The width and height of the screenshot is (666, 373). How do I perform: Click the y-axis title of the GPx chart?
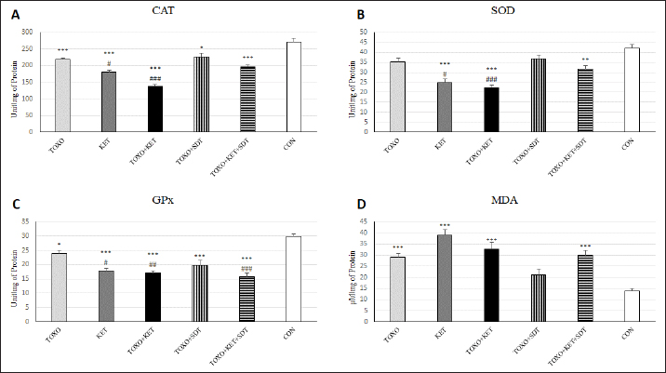[x=14, y=272]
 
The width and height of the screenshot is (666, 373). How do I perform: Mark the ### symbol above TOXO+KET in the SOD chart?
[x=489, y=79]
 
